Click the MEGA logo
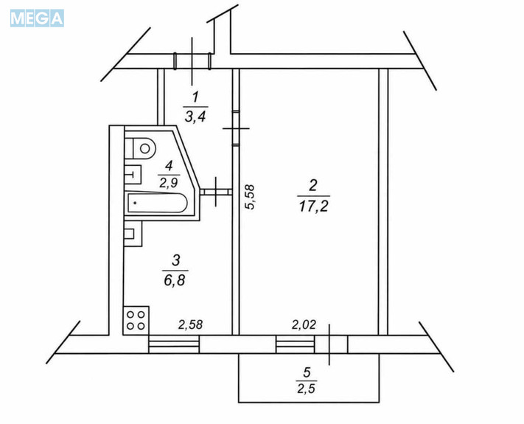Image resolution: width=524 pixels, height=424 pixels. point(37,18)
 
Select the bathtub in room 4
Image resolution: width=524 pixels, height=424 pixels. point(156,203)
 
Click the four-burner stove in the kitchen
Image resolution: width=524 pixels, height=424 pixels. point(136,320)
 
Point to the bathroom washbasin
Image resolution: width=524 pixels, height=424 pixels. point(133,174)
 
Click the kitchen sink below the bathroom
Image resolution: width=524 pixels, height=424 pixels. point(133,234)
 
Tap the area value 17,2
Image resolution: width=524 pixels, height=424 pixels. point(313,206)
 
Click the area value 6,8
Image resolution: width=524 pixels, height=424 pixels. point(175,280)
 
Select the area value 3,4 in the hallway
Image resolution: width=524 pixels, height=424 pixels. point(195,117)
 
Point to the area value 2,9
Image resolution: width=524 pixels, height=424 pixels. point(169,183)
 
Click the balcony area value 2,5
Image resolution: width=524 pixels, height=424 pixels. point(306,389)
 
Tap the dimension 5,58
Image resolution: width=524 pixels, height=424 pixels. point(250,197)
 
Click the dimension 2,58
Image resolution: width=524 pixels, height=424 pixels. point(190,324)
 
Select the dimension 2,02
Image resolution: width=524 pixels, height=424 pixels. point(304,324)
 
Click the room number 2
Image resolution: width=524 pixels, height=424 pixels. point(312,185)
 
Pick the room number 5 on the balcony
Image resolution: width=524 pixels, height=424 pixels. point(307,372)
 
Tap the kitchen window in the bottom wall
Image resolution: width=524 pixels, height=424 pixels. point(174,344)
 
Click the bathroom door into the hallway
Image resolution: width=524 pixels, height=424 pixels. point(216,192)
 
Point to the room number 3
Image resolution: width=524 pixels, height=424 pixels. point(176,260)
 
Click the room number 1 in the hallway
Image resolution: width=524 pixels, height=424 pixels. point(195,97)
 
